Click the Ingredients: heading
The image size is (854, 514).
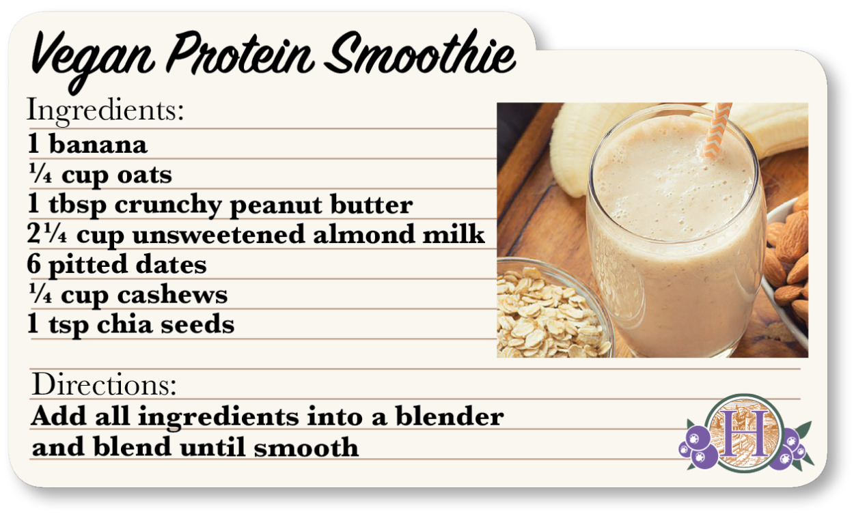pos(105,111)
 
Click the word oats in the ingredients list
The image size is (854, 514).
pos(144,175)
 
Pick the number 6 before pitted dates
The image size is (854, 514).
pos(34,265)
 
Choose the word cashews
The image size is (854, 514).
pos(172,295)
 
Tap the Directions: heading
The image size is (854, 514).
pos(105,385)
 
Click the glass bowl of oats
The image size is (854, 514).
pos(551,314)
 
